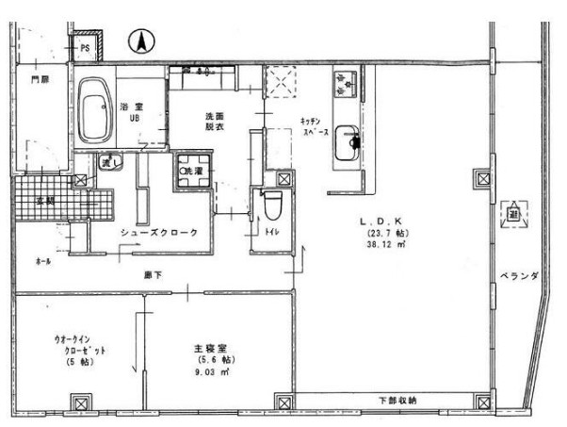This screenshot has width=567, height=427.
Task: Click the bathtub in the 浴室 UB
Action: pos(94,110)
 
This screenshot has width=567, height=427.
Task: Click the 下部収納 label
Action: pos(398,400)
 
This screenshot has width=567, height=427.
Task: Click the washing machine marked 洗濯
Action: pos(192,172)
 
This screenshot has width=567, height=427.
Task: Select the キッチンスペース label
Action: pos(314,129)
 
